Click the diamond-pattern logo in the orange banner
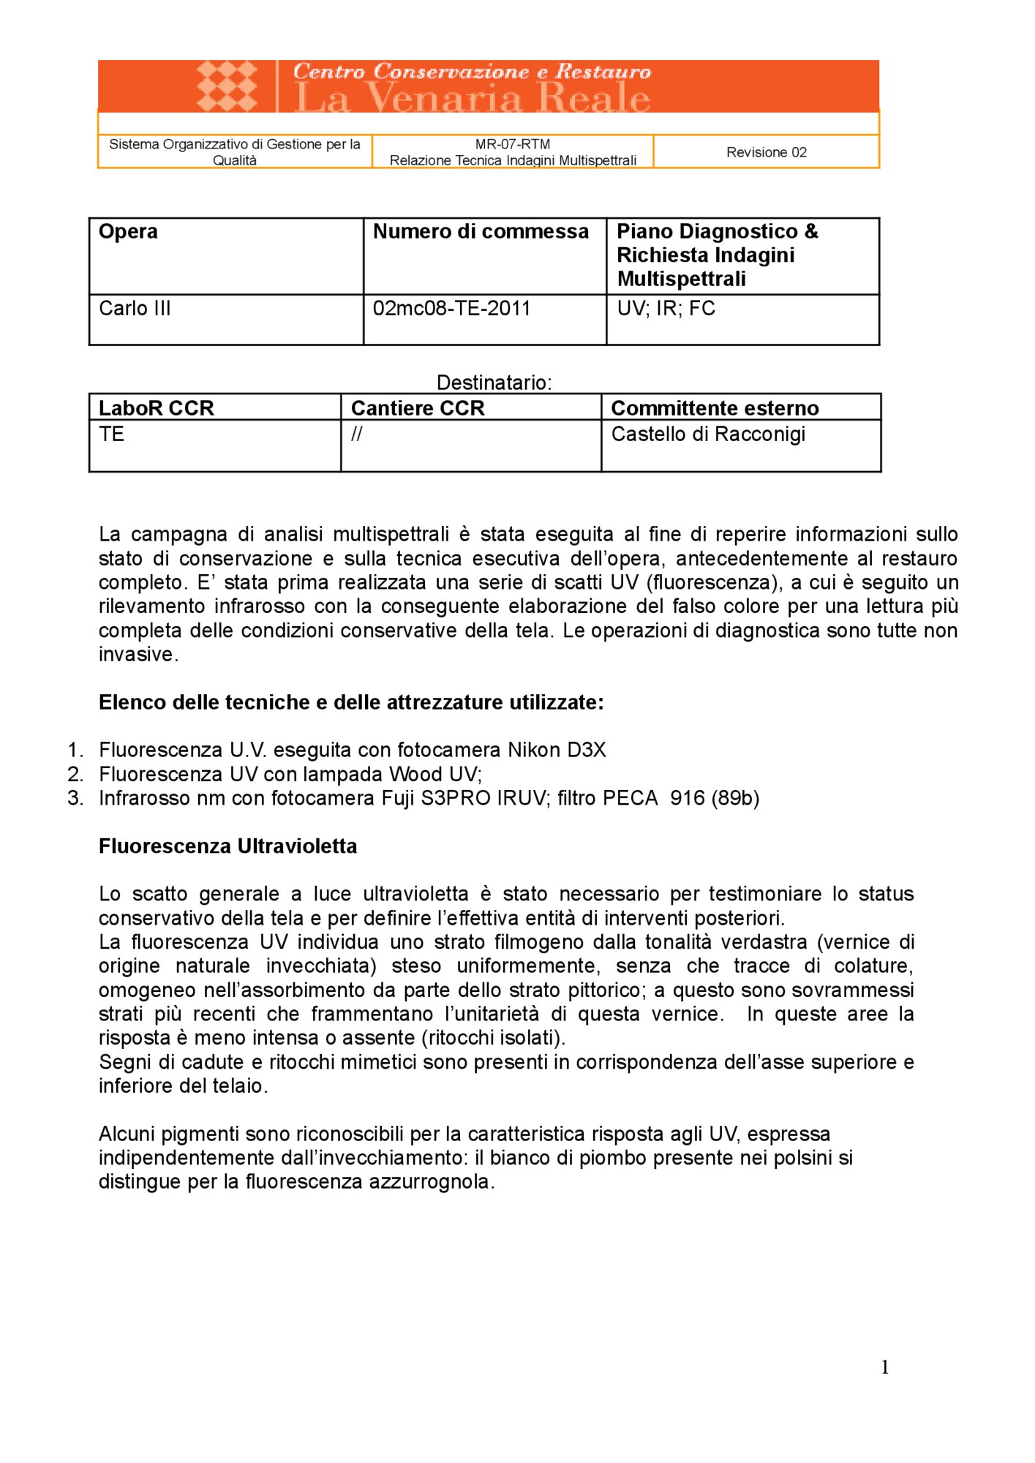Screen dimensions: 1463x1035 (227, 86)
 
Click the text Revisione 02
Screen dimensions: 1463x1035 (766, 152)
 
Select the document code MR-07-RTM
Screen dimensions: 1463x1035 (512, 144)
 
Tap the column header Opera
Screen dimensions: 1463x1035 (128, 231)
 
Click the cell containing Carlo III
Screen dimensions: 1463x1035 (135, 309)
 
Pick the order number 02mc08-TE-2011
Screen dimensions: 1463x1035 (451, 309)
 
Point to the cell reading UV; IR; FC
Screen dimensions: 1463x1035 (666, 309)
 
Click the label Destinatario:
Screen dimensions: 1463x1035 (494, 383)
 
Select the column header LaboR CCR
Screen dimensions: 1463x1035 (156, 408)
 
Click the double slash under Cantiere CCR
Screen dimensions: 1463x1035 (356, 435)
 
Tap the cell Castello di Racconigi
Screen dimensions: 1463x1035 (707, 435)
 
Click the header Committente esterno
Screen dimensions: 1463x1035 (714, 408)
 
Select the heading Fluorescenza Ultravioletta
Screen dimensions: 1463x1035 (227, 846)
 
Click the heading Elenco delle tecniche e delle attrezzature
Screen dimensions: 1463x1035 (351, 702)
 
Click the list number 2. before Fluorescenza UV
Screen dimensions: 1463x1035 (75, 774)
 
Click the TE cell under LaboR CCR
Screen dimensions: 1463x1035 (111, 435)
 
